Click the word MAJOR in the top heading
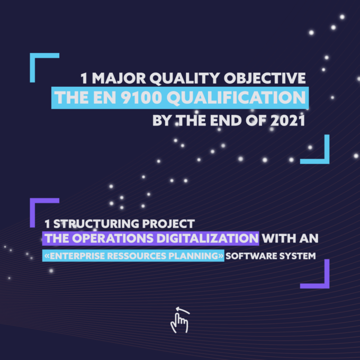[x=119, y=78]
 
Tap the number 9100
[x=142, y=97]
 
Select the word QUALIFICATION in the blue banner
[x=237, y=98]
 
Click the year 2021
[x=287, y=121]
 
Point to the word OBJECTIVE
[x=265, y=78]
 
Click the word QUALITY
[x=185, y=79]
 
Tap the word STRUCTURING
[x=96, y=223]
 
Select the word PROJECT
[x=168, y=223]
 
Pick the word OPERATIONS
[x=114, y=238]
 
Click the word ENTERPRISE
[x=77, y=256]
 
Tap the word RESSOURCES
[x=137, y=256]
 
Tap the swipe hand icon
[x=179, y=320]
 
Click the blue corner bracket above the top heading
[x=33, y=56]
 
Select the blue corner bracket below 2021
[x=327, y=161]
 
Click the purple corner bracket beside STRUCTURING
[x=33, y=201]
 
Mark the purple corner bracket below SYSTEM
[x=327, y=285]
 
